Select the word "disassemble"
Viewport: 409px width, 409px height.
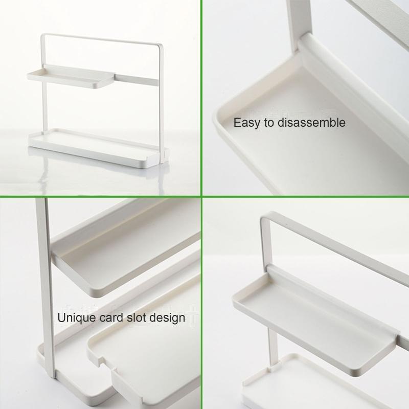[x=311, y=122]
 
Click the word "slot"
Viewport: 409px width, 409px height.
[x=137, y=317]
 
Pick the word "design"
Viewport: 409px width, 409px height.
[x=168, y=318]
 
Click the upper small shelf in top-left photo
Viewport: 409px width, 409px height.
[x=71, y=78]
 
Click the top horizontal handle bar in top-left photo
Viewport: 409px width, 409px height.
[x=102, y=40]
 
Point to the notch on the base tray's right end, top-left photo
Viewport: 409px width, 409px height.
[x=165, y=154]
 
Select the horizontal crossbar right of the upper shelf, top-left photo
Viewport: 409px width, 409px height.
[x=136, y=80]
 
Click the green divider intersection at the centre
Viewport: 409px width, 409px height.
[x=201, y=196]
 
